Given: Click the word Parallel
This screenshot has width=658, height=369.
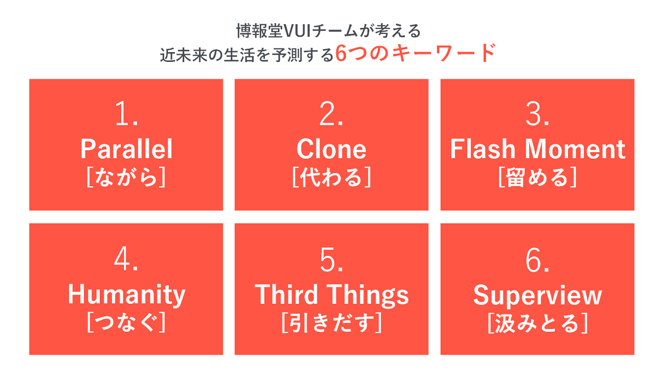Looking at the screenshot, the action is tap(126, 149).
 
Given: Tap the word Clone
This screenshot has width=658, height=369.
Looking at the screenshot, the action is tap(331, 149).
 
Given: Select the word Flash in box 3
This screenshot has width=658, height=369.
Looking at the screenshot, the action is tap(483, 149).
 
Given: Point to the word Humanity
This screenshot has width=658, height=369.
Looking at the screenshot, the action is tap(127, 295).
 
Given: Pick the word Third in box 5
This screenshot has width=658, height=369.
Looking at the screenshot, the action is tap(286, 294).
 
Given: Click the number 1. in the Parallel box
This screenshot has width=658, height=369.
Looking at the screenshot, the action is tap(126, 114).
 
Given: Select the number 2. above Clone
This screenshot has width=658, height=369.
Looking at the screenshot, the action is tap(331, 114).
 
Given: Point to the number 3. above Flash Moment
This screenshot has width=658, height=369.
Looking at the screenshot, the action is tap(537, 114).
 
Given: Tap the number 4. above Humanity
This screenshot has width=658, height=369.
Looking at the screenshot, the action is tap(126, 259).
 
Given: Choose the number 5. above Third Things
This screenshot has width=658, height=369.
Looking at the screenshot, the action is tap(331, 260).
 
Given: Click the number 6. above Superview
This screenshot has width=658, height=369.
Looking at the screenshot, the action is tap(537, 260).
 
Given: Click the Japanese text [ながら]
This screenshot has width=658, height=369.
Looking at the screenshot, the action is tap(126, 177).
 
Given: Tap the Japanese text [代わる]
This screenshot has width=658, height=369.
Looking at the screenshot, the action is tap(332, 177).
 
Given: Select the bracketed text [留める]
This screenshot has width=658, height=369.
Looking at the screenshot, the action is tap(537, 177).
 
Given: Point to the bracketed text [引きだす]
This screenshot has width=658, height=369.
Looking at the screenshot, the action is tap(332, 322).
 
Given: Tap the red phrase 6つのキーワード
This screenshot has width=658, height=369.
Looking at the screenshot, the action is tap(416, 53).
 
